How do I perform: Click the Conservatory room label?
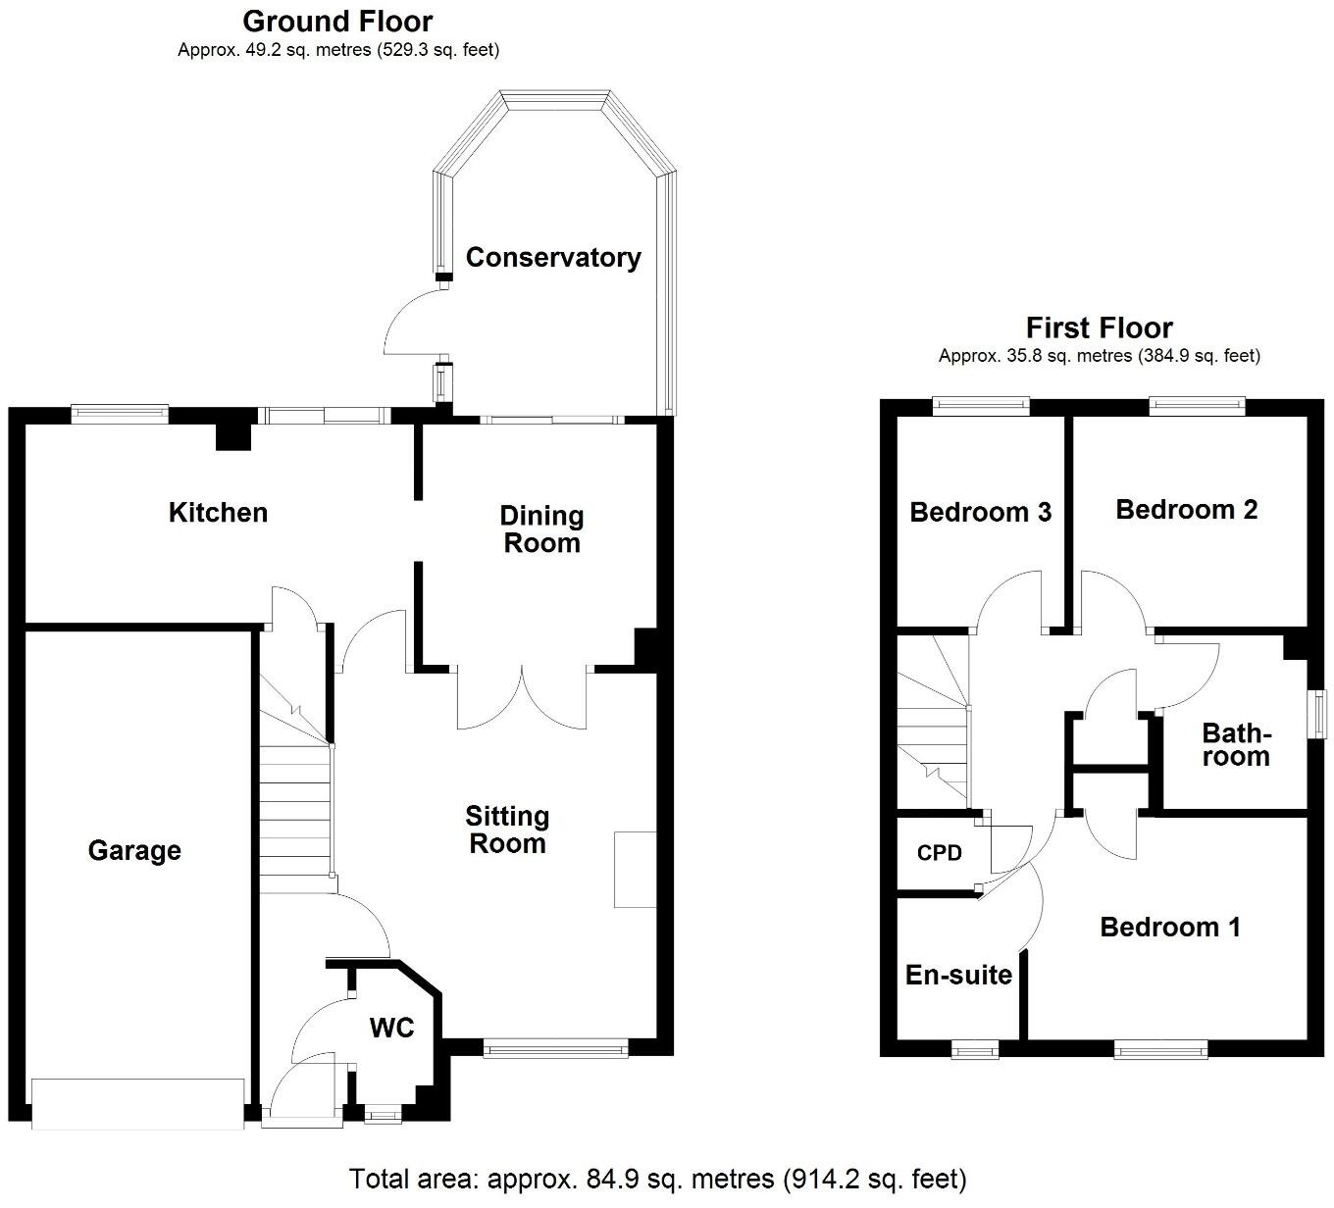pos(553,257)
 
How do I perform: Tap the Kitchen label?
pos(218,512)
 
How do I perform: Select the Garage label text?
pos(134,850)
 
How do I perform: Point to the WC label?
pos(391,1028)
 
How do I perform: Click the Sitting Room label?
pos(507,830)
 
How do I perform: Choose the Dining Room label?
pos(541,529)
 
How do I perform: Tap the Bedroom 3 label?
pos(980,512)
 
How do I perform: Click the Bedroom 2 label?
pos(1186,509)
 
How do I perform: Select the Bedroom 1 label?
pos(1169,927)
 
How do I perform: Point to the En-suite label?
pos(958,975)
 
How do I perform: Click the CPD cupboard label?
pos(939,853)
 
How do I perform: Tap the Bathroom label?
pos(1236,745)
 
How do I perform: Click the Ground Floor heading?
pos(337,21)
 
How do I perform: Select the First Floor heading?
pos(1099,327)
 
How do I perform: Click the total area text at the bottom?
pos(658,1178)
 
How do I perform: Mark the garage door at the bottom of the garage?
pos(137,1103)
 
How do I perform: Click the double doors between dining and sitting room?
pos(523,698)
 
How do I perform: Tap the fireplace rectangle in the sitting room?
pos(635,869)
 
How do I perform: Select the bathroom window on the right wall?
pos(1320,712)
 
